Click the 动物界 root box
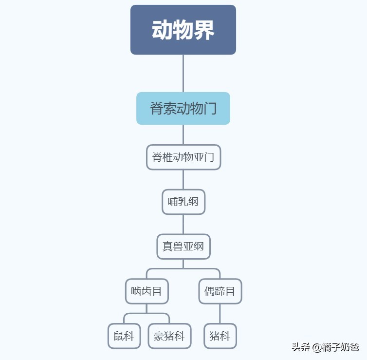click(183, 30)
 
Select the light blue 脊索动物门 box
click(183, 108)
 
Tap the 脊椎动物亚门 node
click(183, 157)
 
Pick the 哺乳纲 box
click(183, 202)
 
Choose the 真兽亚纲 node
click(183, 246)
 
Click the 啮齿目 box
click(147, 291)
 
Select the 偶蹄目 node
click(220, 291)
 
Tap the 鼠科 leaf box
click(124, 336)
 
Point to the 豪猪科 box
click(169, 336)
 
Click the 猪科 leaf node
click(220, 336)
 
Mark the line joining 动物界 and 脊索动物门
click(183, 73)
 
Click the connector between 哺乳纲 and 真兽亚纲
click(183, 224)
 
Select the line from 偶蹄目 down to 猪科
click(220, 314)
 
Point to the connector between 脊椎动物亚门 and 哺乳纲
click(183, 179)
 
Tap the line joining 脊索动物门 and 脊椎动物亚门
click(183, 134)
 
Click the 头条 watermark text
click(301, 347)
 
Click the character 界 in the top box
click(204, 30)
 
